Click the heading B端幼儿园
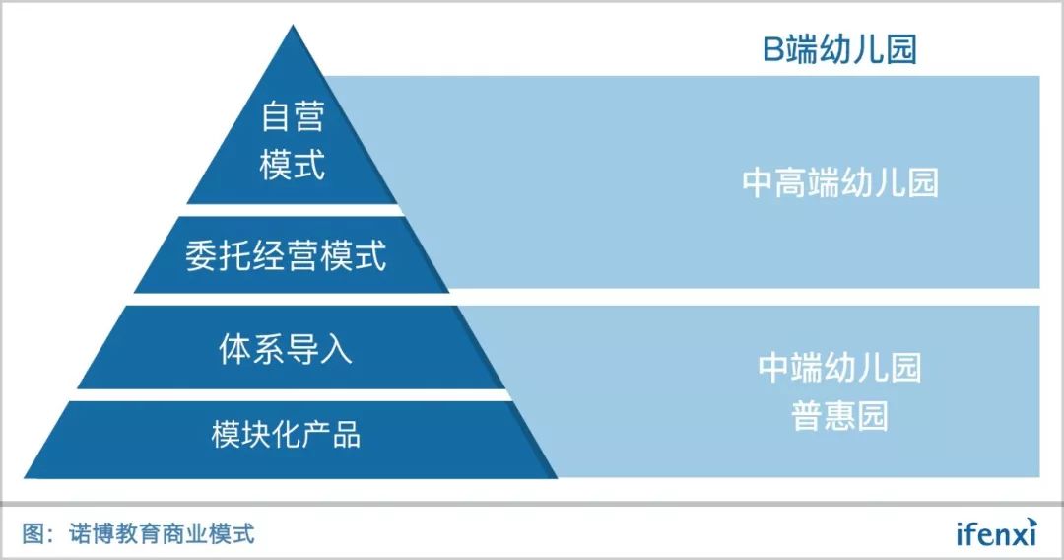(x=840, y=49)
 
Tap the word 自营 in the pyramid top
(x=293, y=118)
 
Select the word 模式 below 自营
(x=293, y=165)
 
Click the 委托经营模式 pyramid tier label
(x=286, y=256)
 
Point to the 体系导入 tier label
(x=286, y=349)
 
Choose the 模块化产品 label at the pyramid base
(x=286, y=434)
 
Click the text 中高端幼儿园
(x=840, y=183)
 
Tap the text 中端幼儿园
(x=840, y=367)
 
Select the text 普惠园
(x=840, y=415)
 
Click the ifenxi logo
(x=996, y=532)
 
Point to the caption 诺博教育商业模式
(x=162, y=533)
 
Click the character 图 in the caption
(x=33, y=533)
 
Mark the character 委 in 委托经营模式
(x=201, y=256)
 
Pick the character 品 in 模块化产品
(x=346, y=434)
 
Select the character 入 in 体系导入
(x=337, y=349)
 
